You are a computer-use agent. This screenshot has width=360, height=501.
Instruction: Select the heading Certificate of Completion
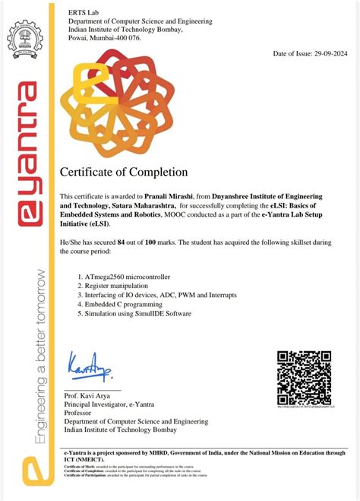pos(118,172)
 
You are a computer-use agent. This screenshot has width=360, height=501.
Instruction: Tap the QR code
pos(303,378)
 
